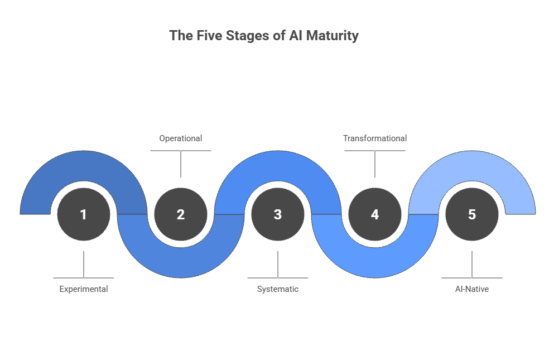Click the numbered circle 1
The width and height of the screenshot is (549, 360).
tap(84, 214)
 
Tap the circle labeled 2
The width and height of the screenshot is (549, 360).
tap(181, 214)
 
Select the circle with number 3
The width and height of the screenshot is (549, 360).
tap(278, 214)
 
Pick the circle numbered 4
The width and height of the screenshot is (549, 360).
tap(375, 214)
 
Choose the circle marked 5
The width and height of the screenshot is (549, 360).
tap(472, 214)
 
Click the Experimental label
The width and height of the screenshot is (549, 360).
tap(84, 289)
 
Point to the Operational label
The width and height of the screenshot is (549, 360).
tap(181, 138)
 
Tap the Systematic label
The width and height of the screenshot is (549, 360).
tap(278, 289)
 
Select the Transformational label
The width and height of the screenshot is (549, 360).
tap(375, 138)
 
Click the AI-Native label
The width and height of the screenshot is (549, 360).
tap(472, 289)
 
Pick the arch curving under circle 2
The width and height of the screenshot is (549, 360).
tap(181, 262)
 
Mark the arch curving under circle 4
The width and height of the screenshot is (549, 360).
tap(375, 262)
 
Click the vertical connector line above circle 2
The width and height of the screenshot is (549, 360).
tap(181, 164)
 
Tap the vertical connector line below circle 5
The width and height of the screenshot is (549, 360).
tap(472, 264)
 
